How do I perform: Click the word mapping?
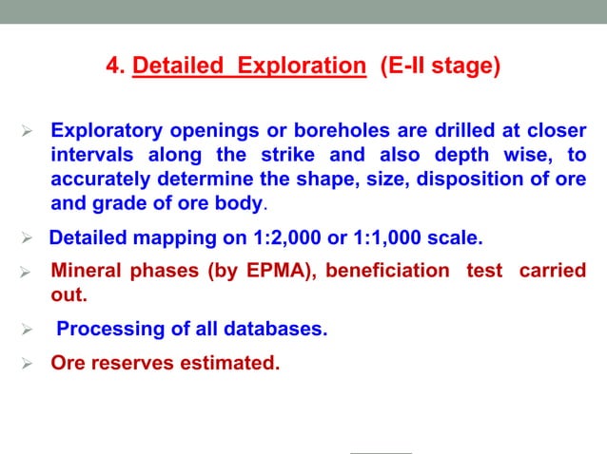click(160, 236)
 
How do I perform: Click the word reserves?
click(133, 362)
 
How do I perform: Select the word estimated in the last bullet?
click(231, 362)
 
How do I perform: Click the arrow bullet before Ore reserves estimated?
click(29, 362)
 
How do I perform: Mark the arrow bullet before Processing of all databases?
click(29, 330)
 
